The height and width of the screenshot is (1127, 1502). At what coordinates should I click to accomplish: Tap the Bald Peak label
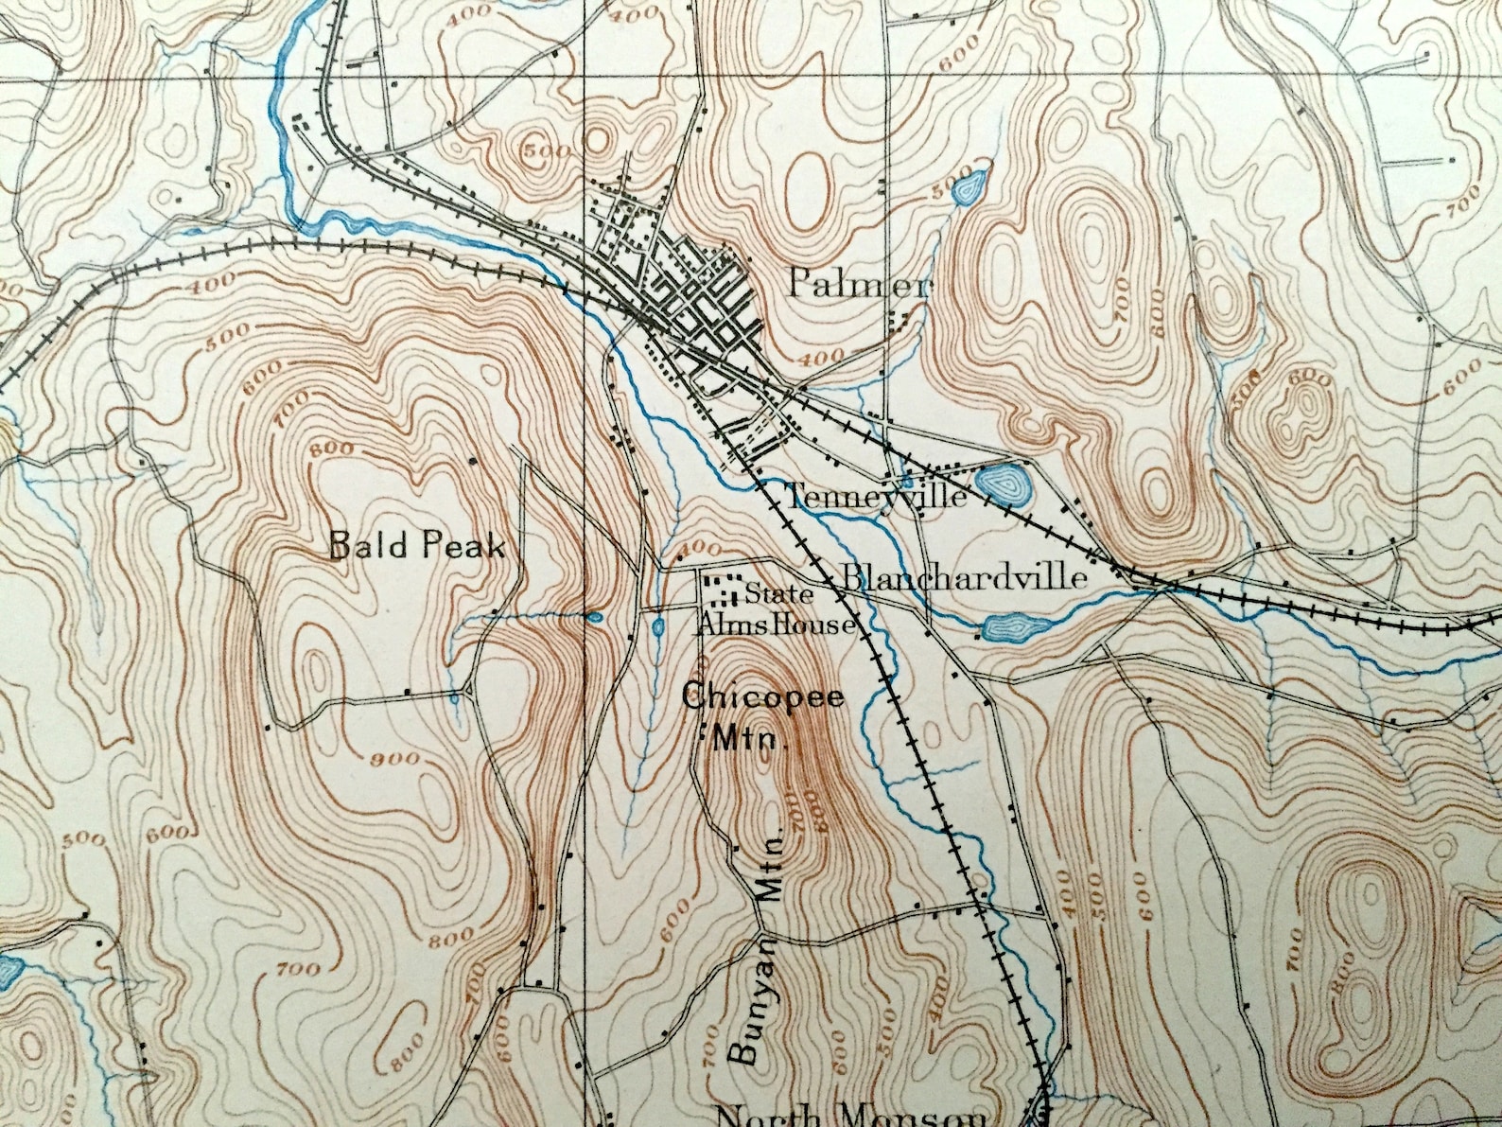point(416,546)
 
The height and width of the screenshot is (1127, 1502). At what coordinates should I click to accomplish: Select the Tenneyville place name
point(876,496)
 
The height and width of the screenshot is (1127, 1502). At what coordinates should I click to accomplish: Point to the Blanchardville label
point(963,577)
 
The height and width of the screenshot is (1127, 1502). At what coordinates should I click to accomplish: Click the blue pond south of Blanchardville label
point(1010,626)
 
